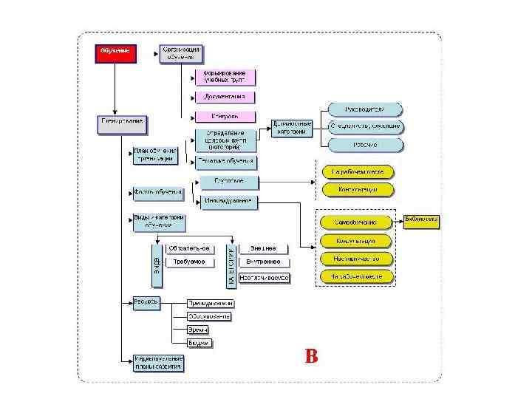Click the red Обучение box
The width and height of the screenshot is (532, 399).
[115, 53]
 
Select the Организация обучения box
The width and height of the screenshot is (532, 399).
[182, 53]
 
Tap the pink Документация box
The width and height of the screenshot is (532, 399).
[225, 97]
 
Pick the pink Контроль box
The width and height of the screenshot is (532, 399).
[225, 117]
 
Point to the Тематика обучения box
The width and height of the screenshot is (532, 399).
[225, 160]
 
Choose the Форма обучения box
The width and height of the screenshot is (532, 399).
[158, 194]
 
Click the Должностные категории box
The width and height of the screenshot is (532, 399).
[292, 127]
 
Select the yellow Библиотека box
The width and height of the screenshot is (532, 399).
[421, 220]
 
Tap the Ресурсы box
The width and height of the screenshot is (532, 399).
[146, 302]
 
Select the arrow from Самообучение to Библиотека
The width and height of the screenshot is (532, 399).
[398, 221]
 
